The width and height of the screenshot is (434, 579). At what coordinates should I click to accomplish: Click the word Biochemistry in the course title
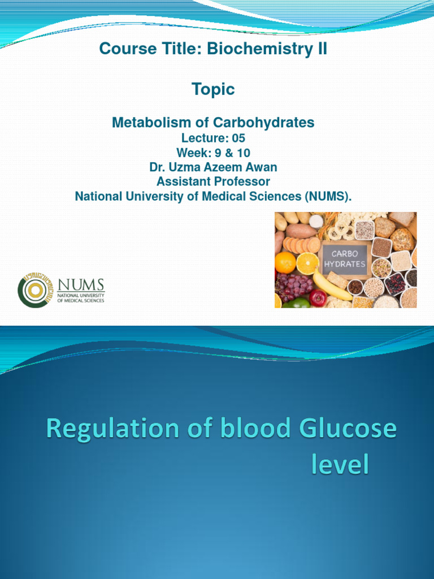[260, 49]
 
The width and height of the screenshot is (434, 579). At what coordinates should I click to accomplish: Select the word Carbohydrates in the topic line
[263, 122]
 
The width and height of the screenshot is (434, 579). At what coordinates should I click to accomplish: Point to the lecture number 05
[238, 138]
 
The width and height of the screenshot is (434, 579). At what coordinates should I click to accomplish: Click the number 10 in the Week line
[244, 153]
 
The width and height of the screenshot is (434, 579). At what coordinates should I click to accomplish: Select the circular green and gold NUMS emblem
[36, 290]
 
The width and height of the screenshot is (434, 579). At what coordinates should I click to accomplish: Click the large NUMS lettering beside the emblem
[81, 285]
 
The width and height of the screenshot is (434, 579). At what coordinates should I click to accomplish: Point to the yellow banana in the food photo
[331, 285]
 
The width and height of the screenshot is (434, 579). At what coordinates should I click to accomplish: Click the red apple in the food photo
[318, 298]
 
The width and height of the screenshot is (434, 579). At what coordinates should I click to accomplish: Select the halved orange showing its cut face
[308, 263]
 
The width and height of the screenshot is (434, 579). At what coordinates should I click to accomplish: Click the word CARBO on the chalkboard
[345, 254]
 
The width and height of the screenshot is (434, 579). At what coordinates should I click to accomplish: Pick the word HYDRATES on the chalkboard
[345, 264]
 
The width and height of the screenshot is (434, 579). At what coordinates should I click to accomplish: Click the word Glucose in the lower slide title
[348, 429]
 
